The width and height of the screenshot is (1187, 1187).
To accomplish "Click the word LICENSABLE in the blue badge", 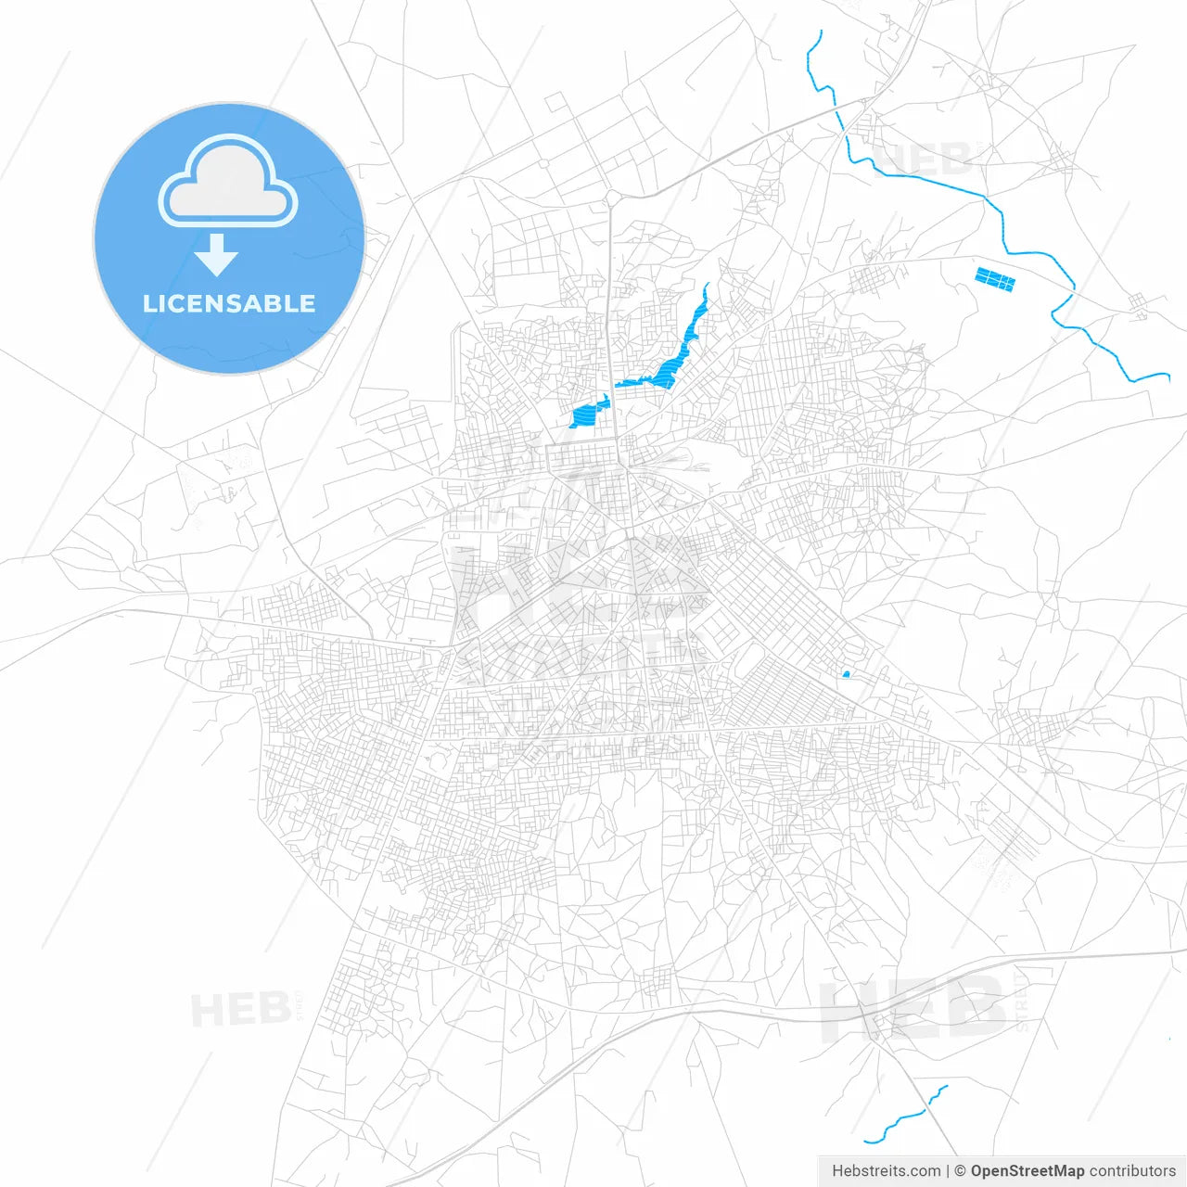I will [x=229, y=304].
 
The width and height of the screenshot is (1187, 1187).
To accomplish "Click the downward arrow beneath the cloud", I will [x=216, y=255].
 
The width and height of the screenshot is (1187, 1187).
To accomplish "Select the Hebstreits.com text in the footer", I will [x=886, y=1171].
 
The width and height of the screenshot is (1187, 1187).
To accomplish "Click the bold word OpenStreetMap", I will [x=1027, y=1171].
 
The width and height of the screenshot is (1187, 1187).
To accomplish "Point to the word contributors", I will [x=1131, y=1171].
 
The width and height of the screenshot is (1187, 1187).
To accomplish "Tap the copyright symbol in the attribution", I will [x=961, y=1171].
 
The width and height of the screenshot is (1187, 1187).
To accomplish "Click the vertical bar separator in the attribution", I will [x=948, y=1171].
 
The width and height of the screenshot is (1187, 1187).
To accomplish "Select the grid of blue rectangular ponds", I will [x=995, y=279].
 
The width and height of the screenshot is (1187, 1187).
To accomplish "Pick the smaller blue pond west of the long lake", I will [x=586, y=415].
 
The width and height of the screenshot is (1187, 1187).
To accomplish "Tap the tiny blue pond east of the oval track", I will [x=846, y=674].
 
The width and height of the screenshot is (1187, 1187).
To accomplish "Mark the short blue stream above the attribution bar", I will [x=905, y=1117].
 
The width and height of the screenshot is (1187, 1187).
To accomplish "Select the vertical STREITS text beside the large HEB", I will [x=1021, y=1002].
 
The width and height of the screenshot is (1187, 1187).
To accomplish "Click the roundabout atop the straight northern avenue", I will [x=611, y=198].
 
